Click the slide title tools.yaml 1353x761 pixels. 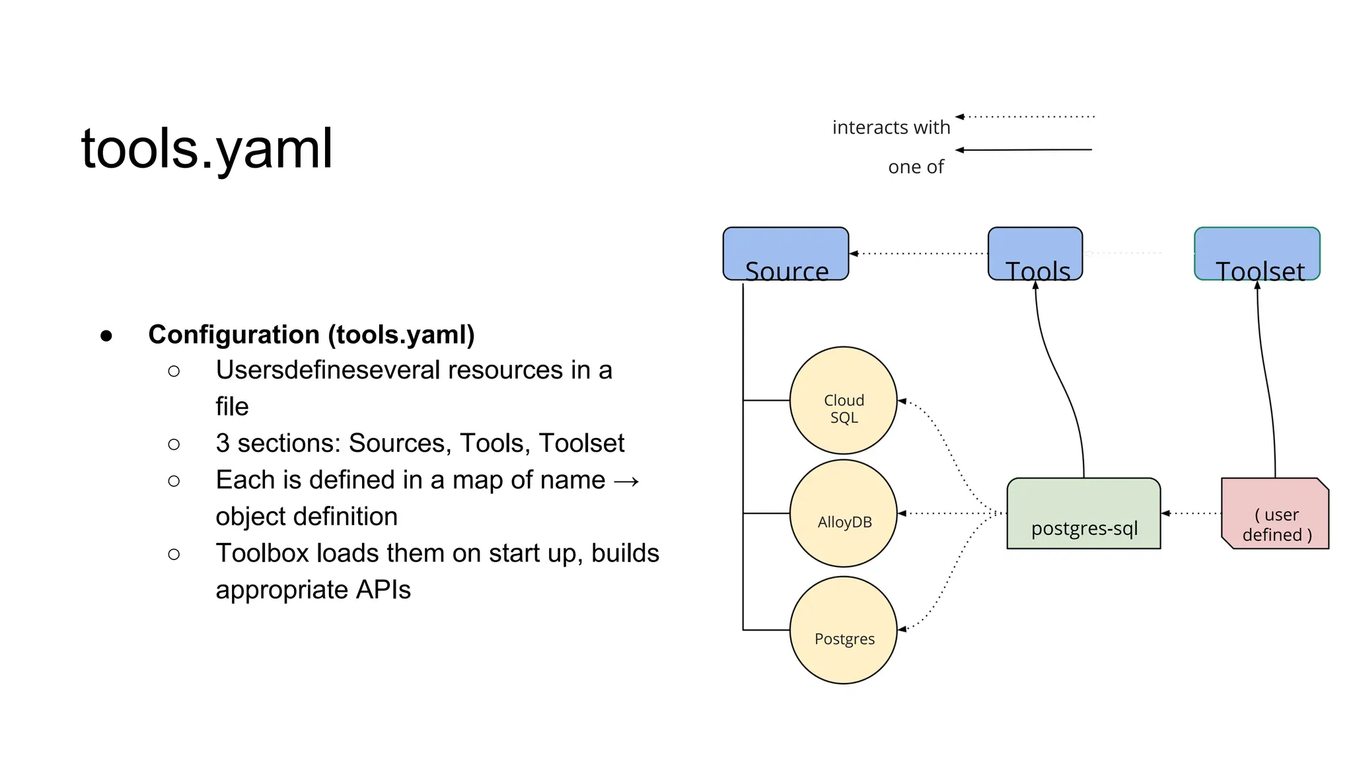[207, 149]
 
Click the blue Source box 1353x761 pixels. [786, 254]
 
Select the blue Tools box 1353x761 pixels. [1035, 254]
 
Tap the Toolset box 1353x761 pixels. [1257, 254]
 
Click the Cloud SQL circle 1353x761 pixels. [843, 400]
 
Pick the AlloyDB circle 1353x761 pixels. [843, 513]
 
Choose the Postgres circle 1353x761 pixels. [843, 630]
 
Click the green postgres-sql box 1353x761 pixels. [1083, 514]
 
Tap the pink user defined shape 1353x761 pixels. [1275, 514]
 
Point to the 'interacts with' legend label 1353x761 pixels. [891, 127]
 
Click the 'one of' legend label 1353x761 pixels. [916, 167]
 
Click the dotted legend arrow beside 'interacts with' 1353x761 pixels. [1025, 117]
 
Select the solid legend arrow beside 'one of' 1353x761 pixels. [1024, 150]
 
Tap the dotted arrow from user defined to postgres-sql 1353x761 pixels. [1191, 513]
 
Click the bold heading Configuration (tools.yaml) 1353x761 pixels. [311, 334]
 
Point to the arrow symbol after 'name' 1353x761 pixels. [626, 481]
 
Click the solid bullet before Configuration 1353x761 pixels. [106, 336]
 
